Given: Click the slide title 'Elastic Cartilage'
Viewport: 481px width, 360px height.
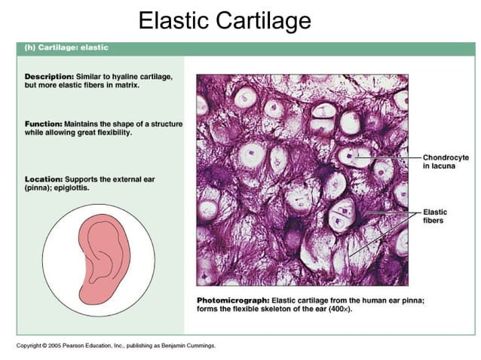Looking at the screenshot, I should (224, 20).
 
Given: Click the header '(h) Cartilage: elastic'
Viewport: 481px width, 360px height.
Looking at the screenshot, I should (66, 47).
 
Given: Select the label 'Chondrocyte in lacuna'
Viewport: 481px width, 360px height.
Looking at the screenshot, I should (446, 161).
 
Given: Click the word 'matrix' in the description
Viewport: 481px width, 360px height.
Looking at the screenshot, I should (124, 86).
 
